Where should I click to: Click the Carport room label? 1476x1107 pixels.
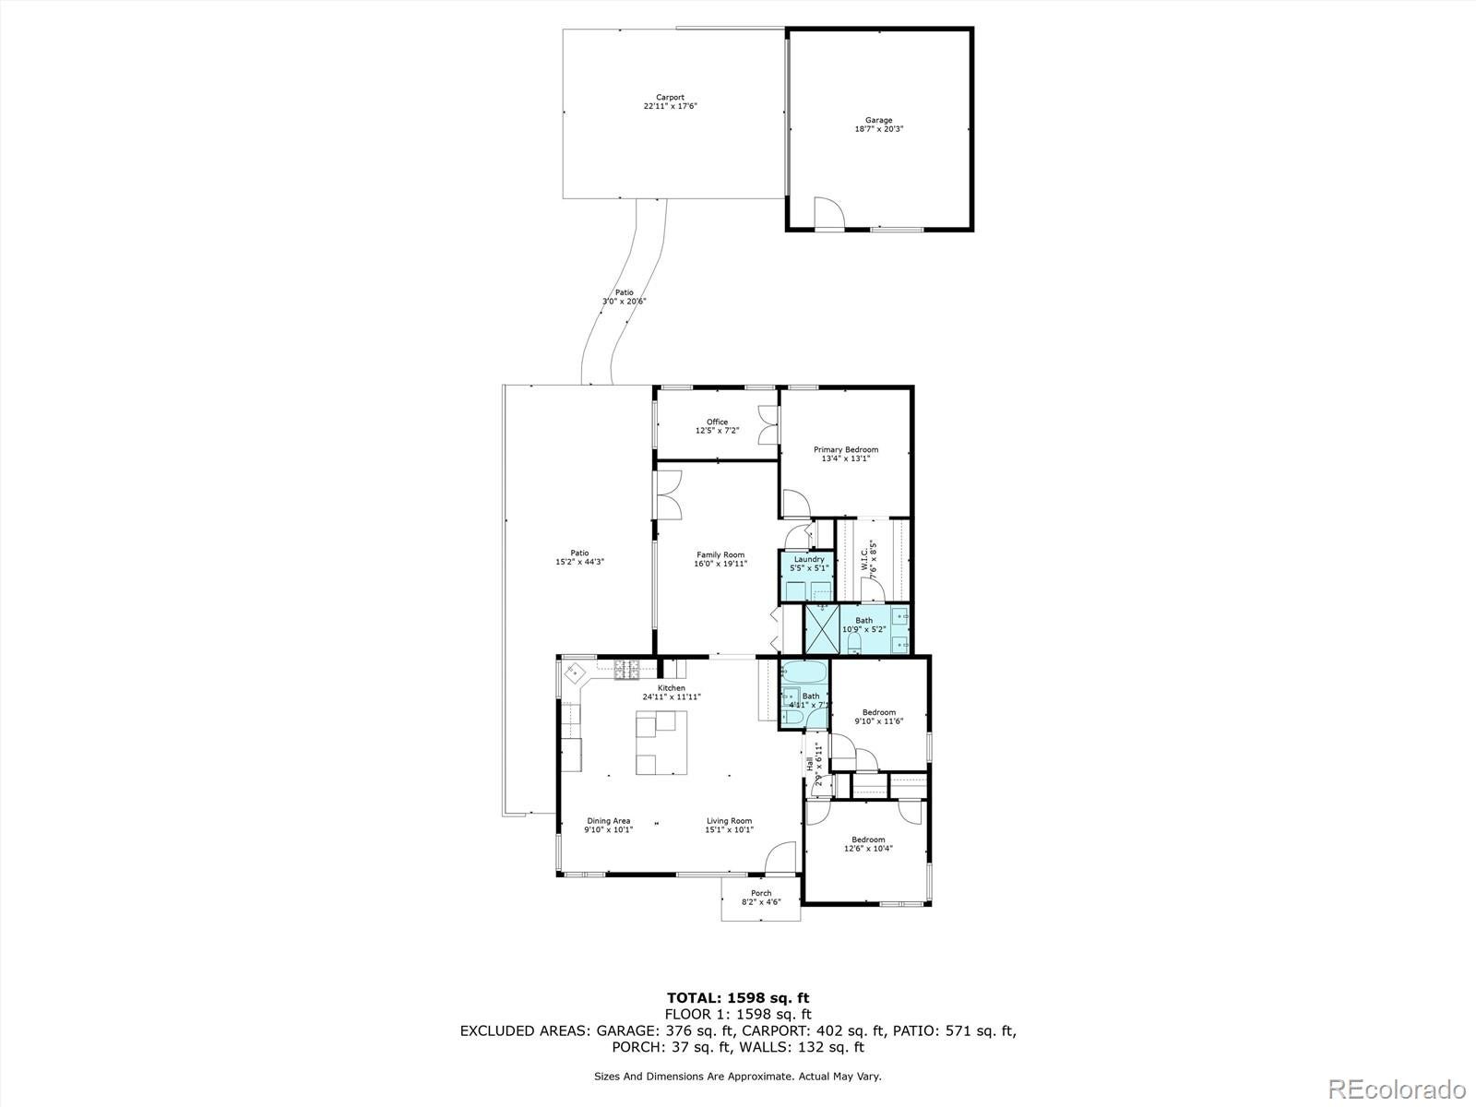tap(670, 97)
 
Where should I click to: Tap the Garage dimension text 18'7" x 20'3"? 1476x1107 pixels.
tap(878, 129)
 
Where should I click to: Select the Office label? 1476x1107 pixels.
tap(717, 422)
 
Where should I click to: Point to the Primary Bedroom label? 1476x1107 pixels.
tap(845, 449)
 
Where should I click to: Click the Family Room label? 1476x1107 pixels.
tap(720, 554)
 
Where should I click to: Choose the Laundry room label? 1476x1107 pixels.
tap(808, 559)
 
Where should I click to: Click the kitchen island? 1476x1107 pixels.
tap(661, 746)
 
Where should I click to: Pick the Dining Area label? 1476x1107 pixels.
tap(609, 820)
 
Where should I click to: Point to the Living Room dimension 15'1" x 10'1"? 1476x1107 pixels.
tap(729, 829)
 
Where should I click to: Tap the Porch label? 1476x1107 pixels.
tap(761, 893)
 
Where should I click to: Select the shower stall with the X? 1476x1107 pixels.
tap(820, 629)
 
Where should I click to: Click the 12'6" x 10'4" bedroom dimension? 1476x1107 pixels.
tap(868, 848)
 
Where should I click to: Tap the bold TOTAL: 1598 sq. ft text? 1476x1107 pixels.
tap(738, 997)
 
